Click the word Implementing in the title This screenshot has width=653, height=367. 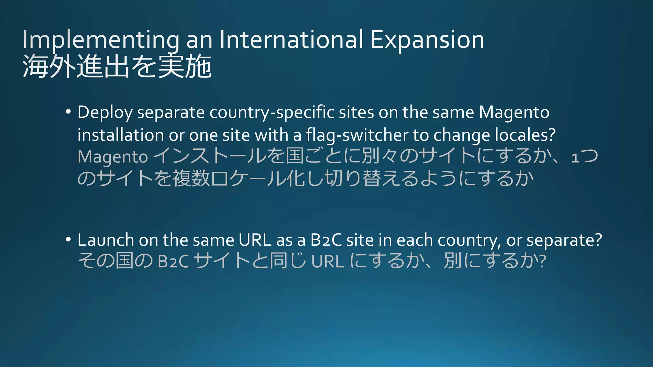[101, 40]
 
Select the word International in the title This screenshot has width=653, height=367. [291, 40]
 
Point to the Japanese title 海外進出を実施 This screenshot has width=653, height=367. [117, 66]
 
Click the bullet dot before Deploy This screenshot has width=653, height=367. [68, 112]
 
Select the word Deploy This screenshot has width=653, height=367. [105, 113]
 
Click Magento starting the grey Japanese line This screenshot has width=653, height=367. [113, 157]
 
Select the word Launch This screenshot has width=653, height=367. [106, 240]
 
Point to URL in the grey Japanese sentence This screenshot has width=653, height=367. [327, 261]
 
